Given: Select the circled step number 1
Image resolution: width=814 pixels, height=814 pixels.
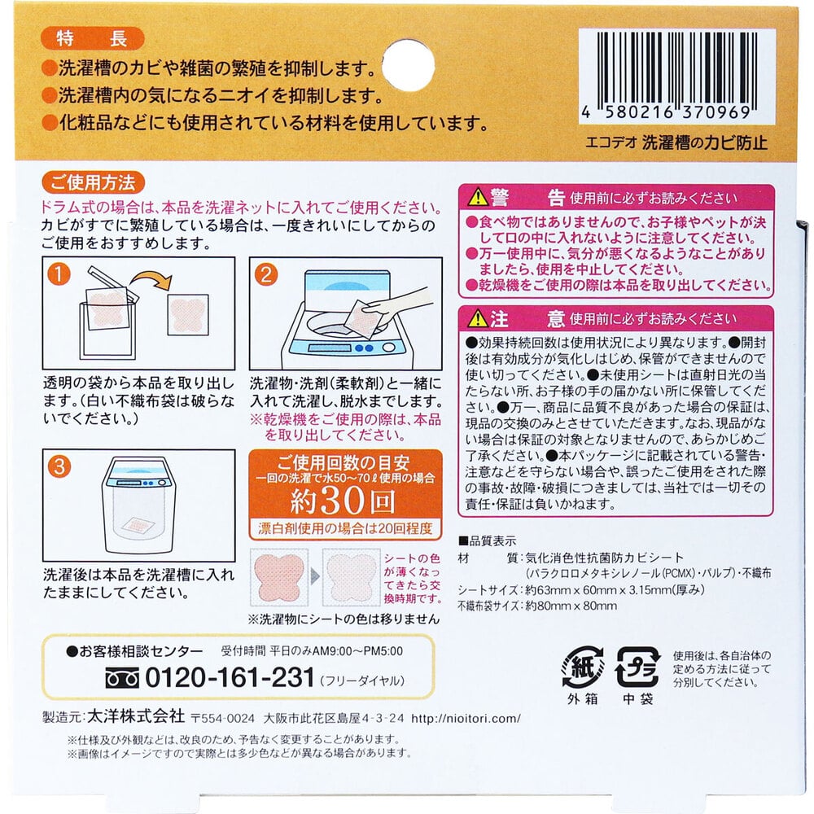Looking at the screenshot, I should (x=57, y=274).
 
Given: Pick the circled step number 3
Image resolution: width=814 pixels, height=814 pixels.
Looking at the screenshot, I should (x=57, y=467).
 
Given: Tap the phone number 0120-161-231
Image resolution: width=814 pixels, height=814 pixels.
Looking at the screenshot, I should (x=230, y=677).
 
